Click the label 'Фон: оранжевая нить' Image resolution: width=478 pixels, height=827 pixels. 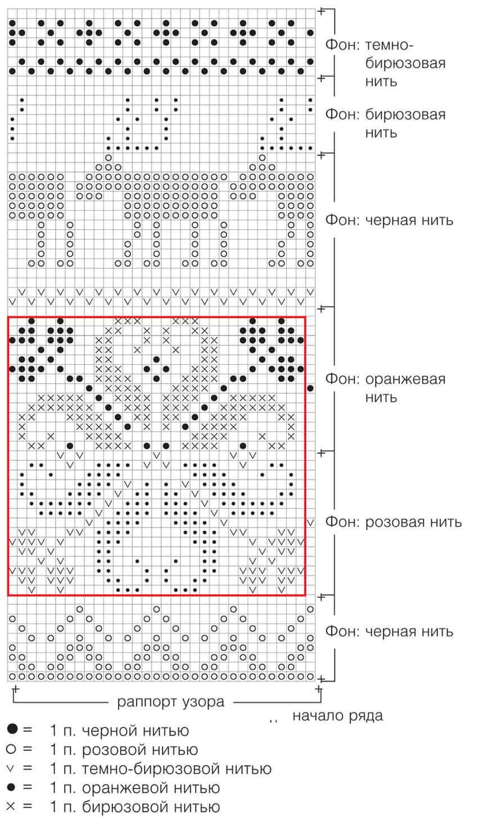coord(385,388)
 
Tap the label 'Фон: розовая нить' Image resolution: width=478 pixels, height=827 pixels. coord(394,522)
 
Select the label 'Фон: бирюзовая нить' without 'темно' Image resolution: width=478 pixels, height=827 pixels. coord(385,124)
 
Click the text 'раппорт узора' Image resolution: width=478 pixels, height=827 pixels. coord(170,701)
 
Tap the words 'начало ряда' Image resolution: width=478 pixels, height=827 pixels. coord(337,716)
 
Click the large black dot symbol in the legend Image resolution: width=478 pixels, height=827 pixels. coord(12,730)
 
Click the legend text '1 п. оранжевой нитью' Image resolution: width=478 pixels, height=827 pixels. coord(135,788)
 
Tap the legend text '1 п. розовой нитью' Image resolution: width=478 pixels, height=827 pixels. coord(124,749)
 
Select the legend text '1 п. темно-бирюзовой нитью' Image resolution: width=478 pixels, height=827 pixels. coord(160,769)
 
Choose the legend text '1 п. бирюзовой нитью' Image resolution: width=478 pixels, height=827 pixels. coord(134,807)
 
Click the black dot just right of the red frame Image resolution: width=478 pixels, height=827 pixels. coord(311,388)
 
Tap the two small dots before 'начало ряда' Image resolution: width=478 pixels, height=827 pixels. coord(274,720)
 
